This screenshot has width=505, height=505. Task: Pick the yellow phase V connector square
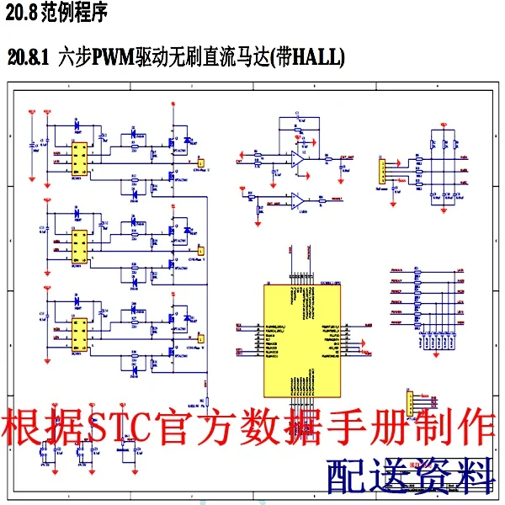(201, 249)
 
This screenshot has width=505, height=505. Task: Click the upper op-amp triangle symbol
(298, 157)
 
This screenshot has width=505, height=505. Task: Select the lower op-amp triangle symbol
(296, 200)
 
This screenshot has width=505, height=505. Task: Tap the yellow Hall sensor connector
(380, 171)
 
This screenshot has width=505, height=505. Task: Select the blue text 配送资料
(410, 476)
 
